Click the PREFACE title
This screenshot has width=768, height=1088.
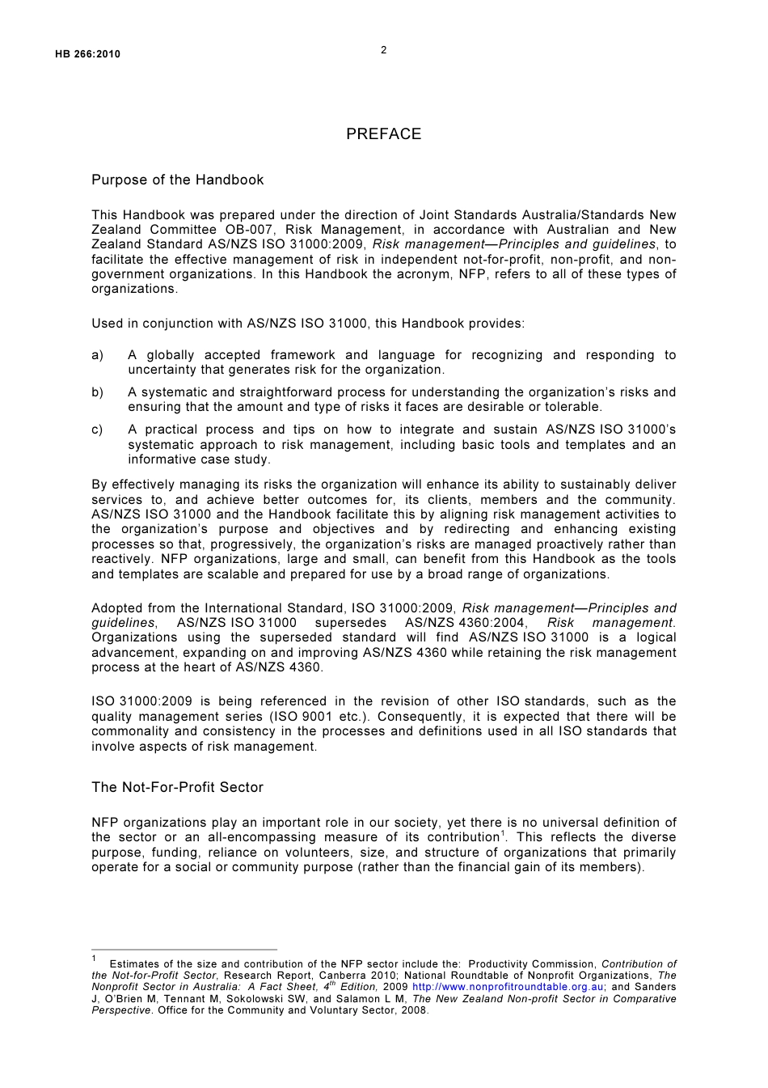[383, 134]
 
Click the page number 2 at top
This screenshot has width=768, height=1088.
[383, 50]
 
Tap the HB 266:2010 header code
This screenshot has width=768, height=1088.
[82, 54]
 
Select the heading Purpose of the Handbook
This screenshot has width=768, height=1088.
[177, 180]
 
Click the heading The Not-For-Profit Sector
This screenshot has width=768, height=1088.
[177, 787]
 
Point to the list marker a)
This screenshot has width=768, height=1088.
[97, 355]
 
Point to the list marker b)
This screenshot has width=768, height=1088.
[97, 392]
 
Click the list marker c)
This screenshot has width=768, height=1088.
[97, 430]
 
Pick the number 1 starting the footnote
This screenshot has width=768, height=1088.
[94, 959]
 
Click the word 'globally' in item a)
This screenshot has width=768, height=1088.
[171, 355]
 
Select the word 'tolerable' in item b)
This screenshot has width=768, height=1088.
[574, 407]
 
